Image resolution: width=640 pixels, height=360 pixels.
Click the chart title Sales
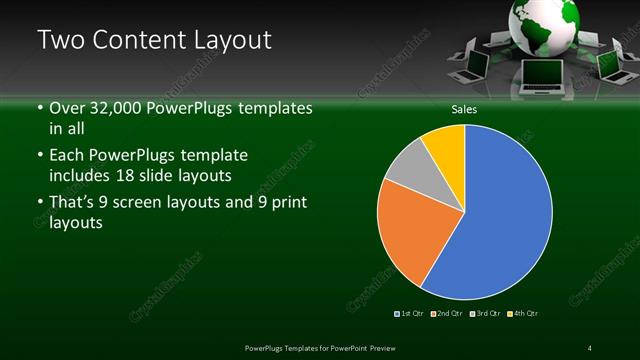464,110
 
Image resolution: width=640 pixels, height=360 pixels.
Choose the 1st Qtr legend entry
410,314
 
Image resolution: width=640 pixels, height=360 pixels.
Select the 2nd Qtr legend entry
446,314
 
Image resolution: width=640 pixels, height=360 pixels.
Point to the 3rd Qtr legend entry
484,314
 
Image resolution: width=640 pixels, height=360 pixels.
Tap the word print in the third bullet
287,204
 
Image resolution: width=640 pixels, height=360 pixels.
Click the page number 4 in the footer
590,347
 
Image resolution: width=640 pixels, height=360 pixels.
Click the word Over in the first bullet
69,107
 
